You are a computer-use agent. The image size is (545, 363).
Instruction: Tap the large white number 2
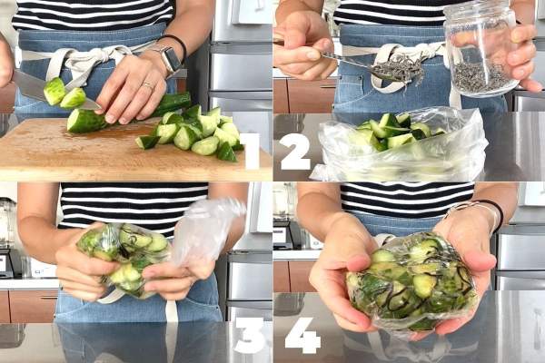click(294, 152)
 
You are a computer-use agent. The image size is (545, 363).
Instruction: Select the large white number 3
click(249, 335)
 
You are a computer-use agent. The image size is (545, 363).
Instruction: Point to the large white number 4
click(302, 335)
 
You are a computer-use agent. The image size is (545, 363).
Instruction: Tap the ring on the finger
click(149, 85)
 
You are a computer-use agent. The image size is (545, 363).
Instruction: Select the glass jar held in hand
click(481, 49)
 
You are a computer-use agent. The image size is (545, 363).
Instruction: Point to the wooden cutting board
click(132, 150)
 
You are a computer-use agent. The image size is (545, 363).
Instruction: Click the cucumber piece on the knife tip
click(54, 91)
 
